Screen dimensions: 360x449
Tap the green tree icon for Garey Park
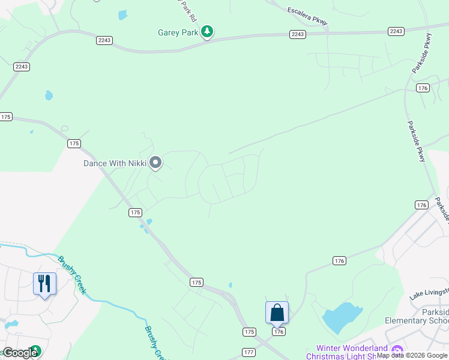(207, 31)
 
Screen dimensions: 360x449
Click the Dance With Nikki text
(115, 163)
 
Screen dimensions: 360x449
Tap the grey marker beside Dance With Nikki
(155, 163)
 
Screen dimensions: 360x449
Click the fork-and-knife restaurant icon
(44, 283)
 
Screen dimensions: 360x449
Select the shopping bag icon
(277, 313)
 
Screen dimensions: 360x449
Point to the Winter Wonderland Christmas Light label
(352, 352)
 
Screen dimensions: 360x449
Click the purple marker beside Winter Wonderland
(396, 350)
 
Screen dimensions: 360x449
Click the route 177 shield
(250, 352)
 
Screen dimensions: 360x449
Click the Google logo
(20, 353)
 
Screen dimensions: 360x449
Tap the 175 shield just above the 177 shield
(250, 332)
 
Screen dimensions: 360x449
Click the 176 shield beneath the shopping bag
(278, 332)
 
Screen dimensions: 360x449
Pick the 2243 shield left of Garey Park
(104, 40)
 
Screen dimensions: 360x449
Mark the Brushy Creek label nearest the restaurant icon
(72, 274)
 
